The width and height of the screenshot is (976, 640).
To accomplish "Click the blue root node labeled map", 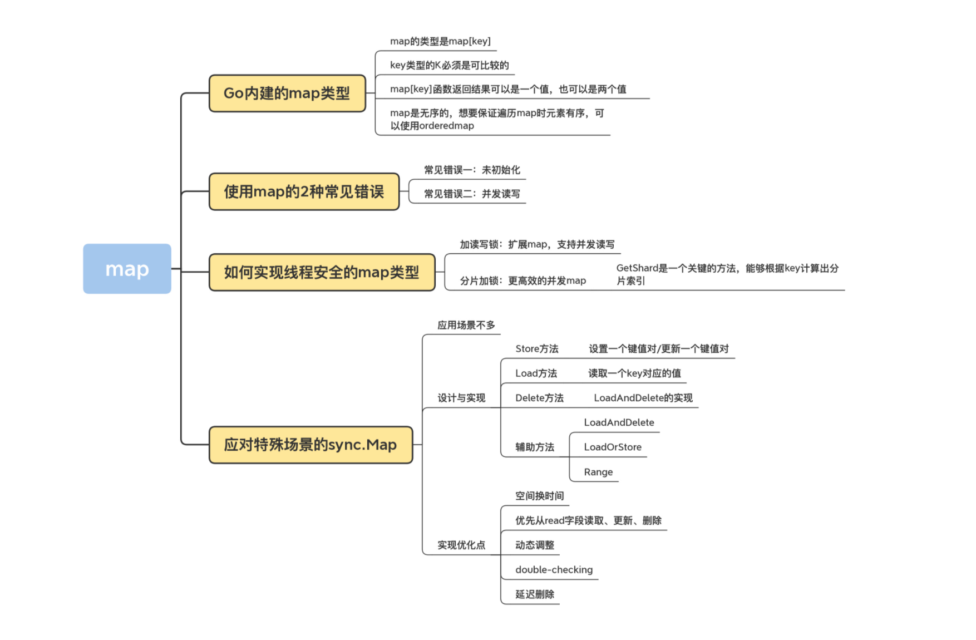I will coord(127,269).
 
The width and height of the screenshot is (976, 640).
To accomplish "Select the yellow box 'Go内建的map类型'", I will coord(287,93).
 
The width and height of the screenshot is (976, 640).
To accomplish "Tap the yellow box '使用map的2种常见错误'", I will coord(304,192).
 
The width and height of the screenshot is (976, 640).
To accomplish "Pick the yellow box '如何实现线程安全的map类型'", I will coord(322,272).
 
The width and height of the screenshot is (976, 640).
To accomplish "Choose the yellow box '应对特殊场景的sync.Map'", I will coord(310,445).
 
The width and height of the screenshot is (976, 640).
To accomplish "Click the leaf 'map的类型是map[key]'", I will coord(440,41).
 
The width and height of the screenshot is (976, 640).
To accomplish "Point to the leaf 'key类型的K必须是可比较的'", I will coord(449,65).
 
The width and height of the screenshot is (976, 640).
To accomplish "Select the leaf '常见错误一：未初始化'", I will coord(472,170).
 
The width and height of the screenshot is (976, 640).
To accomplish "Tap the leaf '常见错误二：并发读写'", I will coord(472,194).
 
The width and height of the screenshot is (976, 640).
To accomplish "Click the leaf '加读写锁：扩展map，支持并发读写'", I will coord(537,244).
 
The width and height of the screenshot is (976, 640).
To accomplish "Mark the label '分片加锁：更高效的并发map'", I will coord(522,280).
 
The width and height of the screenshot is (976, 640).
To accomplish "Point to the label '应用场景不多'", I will coord(466,325).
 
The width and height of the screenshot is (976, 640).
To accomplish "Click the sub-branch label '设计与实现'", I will coord(461,398).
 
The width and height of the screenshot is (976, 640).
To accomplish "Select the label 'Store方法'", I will coord(536,349).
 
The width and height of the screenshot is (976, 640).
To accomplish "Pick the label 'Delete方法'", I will coord(539,398).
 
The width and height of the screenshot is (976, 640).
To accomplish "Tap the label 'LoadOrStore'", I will coord(613,447).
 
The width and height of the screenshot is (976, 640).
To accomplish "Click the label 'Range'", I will coord(598,472).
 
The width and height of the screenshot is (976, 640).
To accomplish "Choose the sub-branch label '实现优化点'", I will coord(461,545).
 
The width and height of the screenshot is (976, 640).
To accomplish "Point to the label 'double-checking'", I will coord(554,570).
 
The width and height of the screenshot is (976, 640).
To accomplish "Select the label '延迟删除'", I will coord(534,594).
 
